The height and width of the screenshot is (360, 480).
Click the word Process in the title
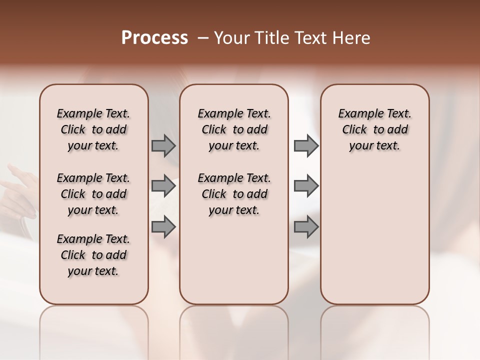[154, 38]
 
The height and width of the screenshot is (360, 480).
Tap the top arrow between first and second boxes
[163, 146]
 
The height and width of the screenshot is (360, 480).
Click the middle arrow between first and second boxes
[163, 186]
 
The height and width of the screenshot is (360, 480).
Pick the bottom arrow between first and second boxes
[163, 226]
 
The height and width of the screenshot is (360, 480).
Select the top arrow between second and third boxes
[306, 146]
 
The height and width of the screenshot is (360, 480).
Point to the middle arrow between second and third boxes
[306, 186]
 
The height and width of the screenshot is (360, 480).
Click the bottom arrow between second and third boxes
[306, 226]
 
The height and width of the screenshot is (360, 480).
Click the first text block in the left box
[93, 129]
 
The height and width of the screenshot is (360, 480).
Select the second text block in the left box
[93, 194]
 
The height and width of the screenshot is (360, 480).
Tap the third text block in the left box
[93, 255]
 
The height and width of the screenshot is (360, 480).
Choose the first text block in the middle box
[234, 129]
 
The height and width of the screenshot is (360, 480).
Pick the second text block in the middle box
[234, 194]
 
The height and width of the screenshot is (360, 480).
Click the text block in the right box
[374, 129]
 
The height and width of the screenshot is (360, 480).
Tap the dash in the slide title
[203, 38]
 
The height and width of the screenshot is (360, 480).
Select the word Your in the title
[230, 38]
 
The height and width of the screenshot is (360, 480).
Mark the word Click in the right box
[354, 130]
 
